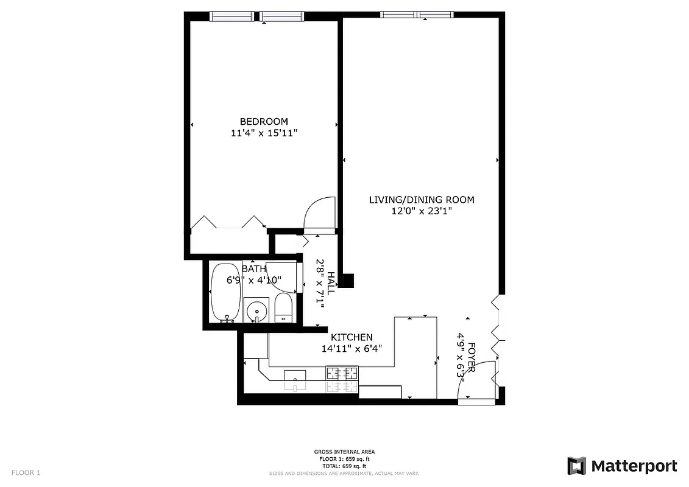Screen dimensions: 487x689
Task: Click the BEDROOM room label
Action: pyautogui.click(x=264, y=121)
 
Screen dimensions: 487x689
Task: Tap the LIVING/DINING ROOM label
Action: pyautogui.click(x=422, y=200)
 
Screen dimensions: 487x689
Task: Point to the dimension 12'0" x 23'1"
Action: pyautogui.click(x=422, y=211)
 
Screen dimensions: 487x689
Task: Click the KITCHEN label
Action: pyautogui.click(x=352, y=337)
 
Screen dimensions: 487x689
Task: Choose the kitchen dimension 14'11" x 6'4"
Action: pyautogui.click(x=352, y=349)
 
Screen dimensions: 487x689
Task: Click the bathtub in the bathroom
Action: pyautogui.click(x=225, y=292)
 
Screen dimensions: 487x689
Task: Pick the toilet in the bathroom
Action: pyautogui.click(x=284, y=308)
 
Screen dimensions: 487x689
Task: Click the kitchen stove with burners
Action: pyautogui.click(x=342, y=379)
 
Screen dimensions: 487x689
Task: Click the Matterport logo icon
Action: pyautogui.click(x=576, y=466)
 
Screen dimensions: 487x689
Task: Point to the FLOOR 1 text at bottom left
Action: pyautogui.click(x=26, y=472)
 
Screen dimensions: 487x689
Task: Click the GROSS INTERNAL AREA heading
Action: pyautogui.click(x=344, y=452)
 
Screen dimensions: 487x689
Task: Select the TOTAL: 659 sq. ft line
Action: pyautogui.click(x=344, y=465)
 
